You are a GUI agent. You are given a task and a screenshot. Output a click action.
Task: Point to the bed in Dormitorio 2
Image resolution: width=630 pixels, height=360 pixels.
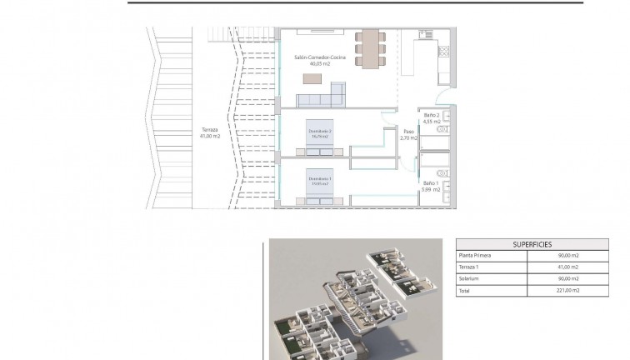point(320,140)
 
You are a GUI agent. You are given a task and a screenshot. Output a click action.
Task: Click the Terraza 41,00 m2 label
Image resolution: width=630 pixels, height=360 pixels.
point(211,132)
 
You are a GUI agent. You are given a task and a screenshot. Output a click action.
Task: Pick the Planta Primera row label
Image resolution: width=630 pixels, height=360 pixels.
point(474,256)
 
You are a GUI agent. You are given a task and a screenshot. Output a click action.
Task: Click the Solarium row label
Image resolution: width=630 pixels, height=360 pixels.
point(467,279)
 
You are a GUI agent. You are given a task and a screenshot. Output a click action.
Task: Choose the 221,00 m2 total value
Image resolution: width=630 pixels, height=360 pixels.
point(569,291)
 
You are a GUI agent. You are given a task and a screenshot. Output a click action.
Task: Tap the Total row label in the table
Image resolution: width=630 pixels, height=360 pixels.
point(464,291)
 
